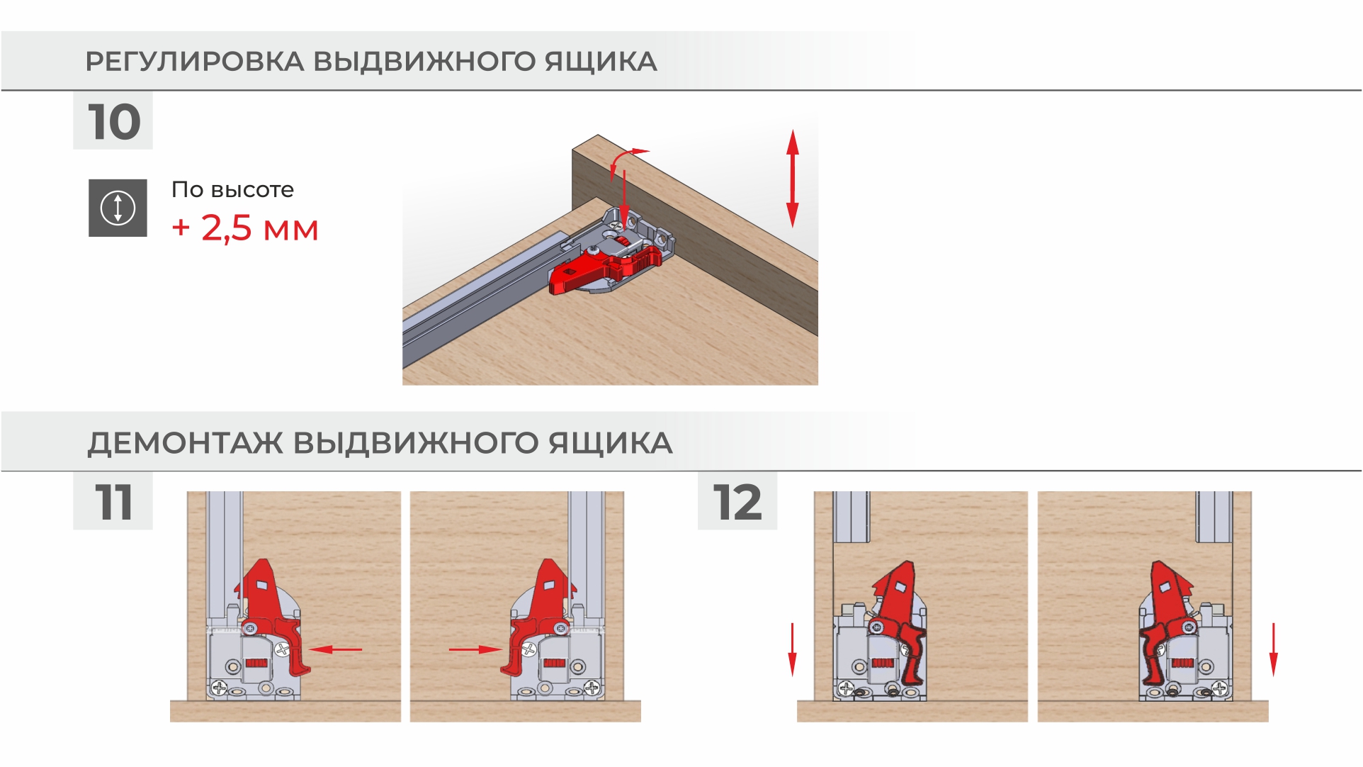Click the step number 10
[114, 122]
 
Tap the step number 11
[113, 503]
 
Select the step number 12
[737, 503]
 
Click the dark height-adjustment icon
[118, 208]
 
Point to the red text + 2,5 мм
[245, 228]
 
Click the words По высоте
[232, 189]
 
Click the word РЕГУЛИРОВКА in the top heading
[195, 62]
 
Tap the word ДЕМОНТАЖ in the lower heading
[185, 443]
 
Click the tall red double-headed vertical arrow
[792, 179]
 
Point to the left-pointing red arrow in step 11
[336, 649]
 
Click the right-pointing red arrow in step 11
[475, 649]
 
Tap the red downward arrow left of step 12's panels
[792, 649]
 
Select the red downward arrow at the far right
[1273, 649]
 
